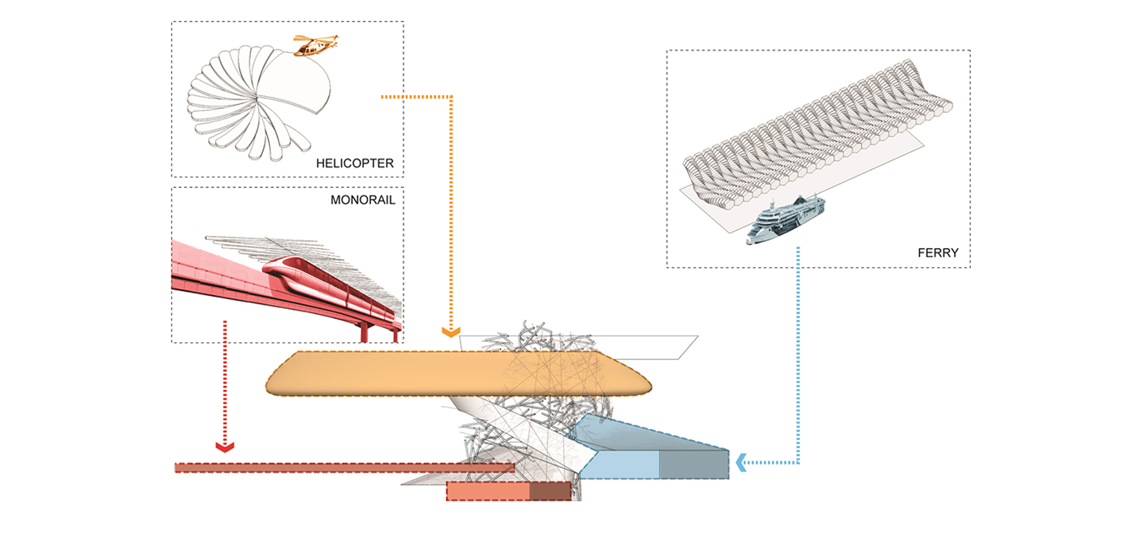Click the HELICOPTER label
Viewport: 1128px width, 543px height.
pos(354,164)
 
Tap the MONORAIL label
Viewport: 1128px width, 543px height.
pos(363,200)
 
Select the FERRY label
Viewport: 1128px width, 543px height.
pos(938,253)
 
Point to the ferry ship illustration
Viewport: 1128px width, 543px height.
pos(785,220)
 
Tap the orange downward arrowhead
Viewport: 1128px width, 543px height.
pos(451,332)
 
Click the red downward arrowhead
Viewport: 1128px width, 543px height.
pos(225,447)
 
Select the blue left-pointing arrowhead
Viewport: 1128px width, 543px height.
pos(741,462)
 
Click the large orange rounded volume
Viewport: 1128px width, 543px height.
pos(395,373)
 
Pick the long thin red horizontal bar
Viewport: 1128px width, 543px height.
pos(338,468)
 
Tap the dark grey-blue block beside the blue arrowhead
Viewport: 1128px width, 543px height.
pos(694,465)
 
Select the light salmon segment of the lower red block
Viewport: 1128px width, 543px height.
pos(488,491)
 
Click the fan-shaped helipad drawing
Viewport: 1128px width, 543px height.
pos(254,101)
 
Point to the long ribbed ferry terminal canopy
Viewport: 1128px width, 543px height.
pos(818,130)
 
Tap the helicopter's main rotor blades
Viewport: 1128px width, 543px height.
pos(316,38)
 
